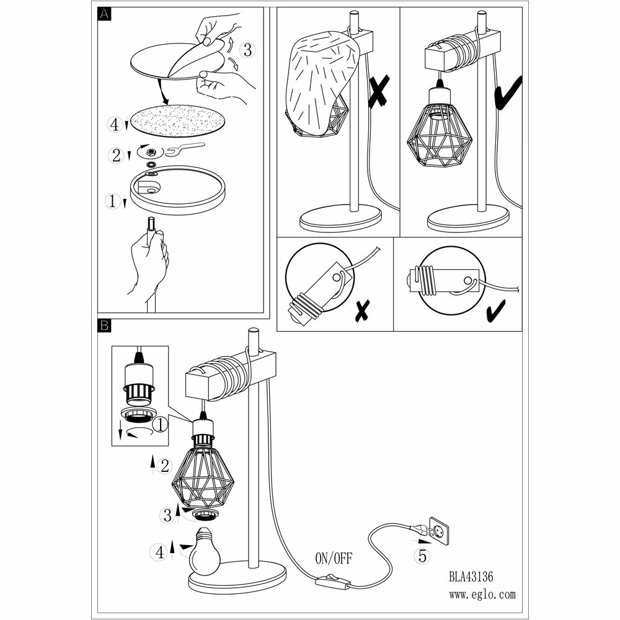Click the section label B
[x=104, y=324]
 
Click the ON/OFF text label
[x=334, y=559]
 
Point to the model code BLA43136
[x=471, y=576]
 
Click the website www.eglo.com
[x=482, y=595]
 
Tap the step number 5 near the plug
[x=422, y=556]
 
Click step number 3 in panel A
[x=247, y=51]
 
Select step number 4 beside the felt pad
[x=114, y=124]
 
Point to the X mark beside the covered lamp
[x=378, y=92]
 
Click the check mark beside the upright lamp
[x=508, y=93]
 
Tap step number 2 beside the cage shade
[x=164, y=466]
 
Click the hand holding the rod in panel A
[x=148, y=261]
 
